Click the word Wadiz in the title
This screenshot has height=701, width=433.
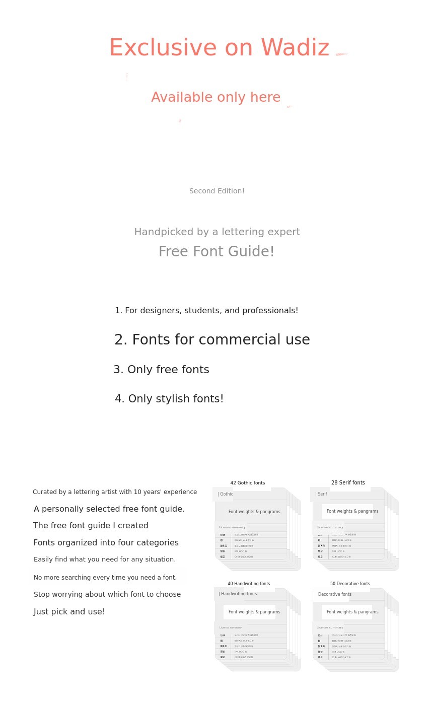coord(295,48)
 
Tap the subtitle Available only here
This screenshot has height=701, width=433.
coord(215,98)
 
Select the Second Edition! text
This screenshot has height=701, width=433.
coord(216,191)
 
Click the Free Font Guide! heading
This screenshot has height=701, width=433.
coord(216,252)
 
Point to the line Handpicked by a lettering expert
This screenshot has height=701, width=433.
coord(216,232)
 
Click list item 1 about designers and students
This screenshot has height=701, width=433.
coord(206,311)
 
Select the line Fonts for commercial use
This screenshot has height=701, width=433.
coord(212,340)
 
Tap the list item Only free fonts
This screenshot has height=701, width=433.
coord(161,370)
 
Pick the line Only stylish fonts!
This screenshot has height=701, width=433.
coord(169,399)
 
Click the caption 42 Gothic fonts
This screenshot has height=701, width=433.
coord(247,483)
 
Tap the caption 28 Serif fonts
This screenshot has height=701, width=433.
coord(348,483)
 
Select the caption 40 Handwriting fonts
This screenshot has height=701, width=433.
coord(249,584)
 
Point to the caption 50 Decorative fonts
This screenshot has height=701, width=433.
coord(350,584)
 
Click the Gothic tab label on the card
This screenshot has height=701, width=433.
coord(225,494)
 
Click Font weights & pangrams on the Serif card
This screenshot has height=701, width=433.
coord(352,511)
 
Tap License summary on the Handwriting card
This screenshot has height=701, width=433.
coord(230,627)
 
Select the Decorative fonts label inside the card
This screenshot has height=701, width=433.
coord(334,594)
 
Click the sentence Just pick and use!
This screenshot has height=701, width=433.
coord(69,612)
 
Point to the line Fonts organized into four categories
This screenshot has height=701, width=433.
coord(106,543)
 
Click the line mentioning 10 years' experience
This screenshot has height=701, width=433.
coord(115,492)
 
